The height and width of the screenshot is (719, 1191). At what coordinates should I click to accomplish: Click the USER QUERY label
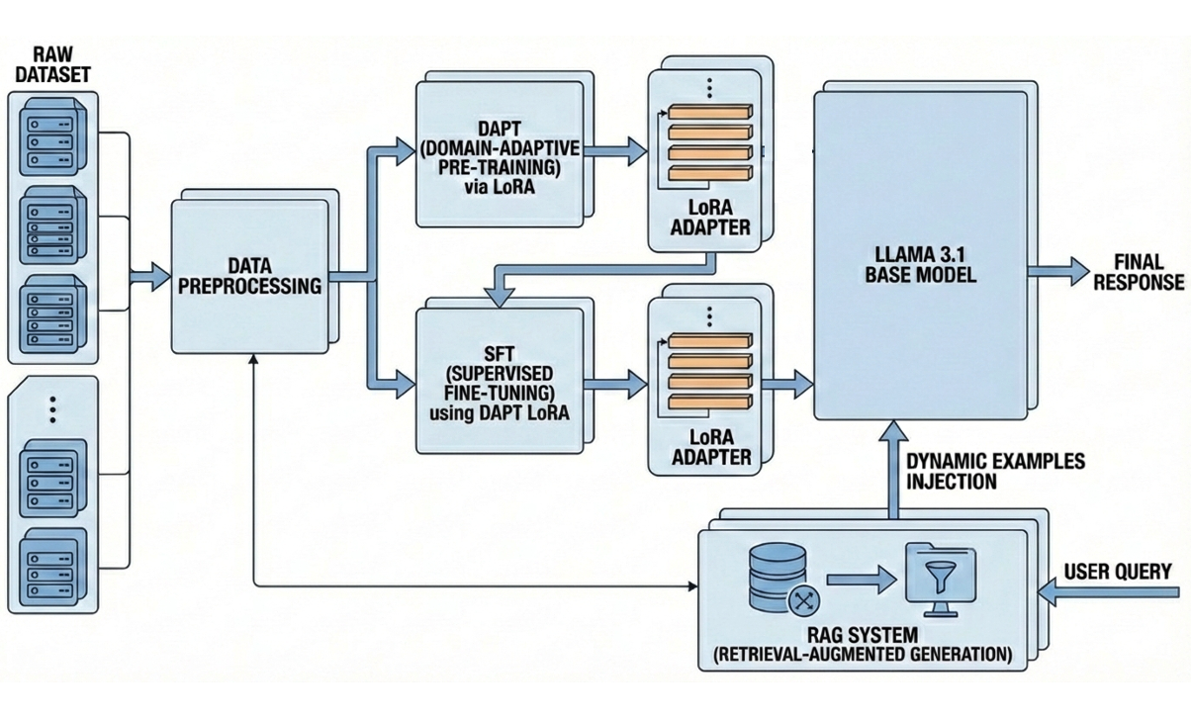1118,571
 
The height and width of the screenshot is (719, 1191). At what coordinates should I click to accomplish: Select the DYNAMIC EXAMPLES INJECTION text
994,472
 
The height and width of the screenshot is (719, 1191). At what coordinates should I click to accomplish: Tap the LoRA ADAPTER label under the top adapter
711,219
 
